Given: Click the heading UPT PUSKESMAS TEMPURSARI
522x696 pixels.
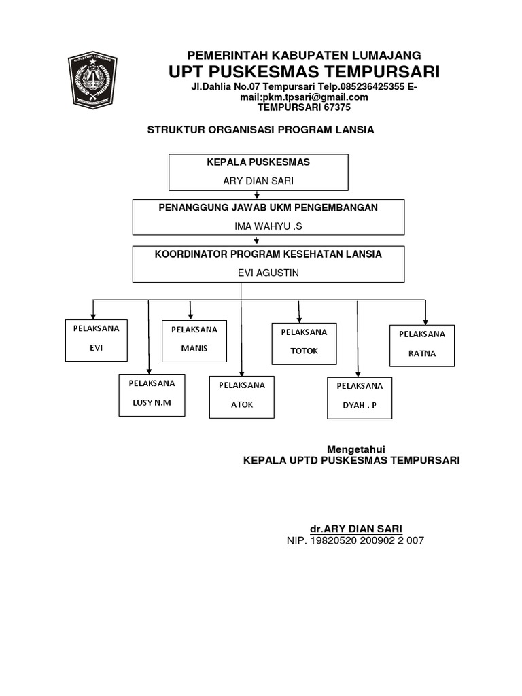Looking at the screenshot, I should point(304,72).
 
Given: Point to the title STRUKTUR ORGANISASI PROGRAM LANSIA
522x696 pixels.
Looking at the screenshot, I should point(261,130).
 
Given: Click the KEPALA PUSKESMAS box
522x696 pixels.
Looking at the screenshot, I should point(258,172).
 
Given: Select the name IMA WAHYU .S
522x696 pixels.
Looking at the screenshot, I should point(258,226).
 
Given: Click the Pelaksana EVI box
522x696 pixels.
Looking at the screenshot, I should point(95,340).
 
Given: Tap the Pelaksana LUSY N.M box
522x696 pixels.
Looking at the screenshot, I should point(152,395).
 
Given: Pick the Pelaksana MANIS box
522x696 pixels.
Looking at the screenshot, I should point(194,341).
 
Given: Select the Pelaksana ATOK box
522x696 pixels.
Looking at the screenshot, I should point(241,396).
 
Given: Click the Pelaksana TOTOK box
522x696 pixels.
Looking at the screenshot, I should point(304,343).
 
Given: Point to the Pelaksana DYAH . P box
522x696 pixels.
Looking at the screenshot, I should point(359,398).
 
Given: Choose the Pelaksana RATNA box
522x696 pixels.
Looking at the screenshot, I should point(421,345).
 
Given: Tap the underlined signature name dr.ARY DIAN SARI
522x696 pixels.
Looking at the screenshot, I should point(355,528).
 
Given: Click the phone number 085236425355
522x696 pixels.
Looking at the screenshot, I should point(370,87).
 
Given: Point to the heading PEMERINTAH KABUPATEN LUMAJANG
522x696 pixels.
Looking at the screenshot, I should point(304,55).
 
